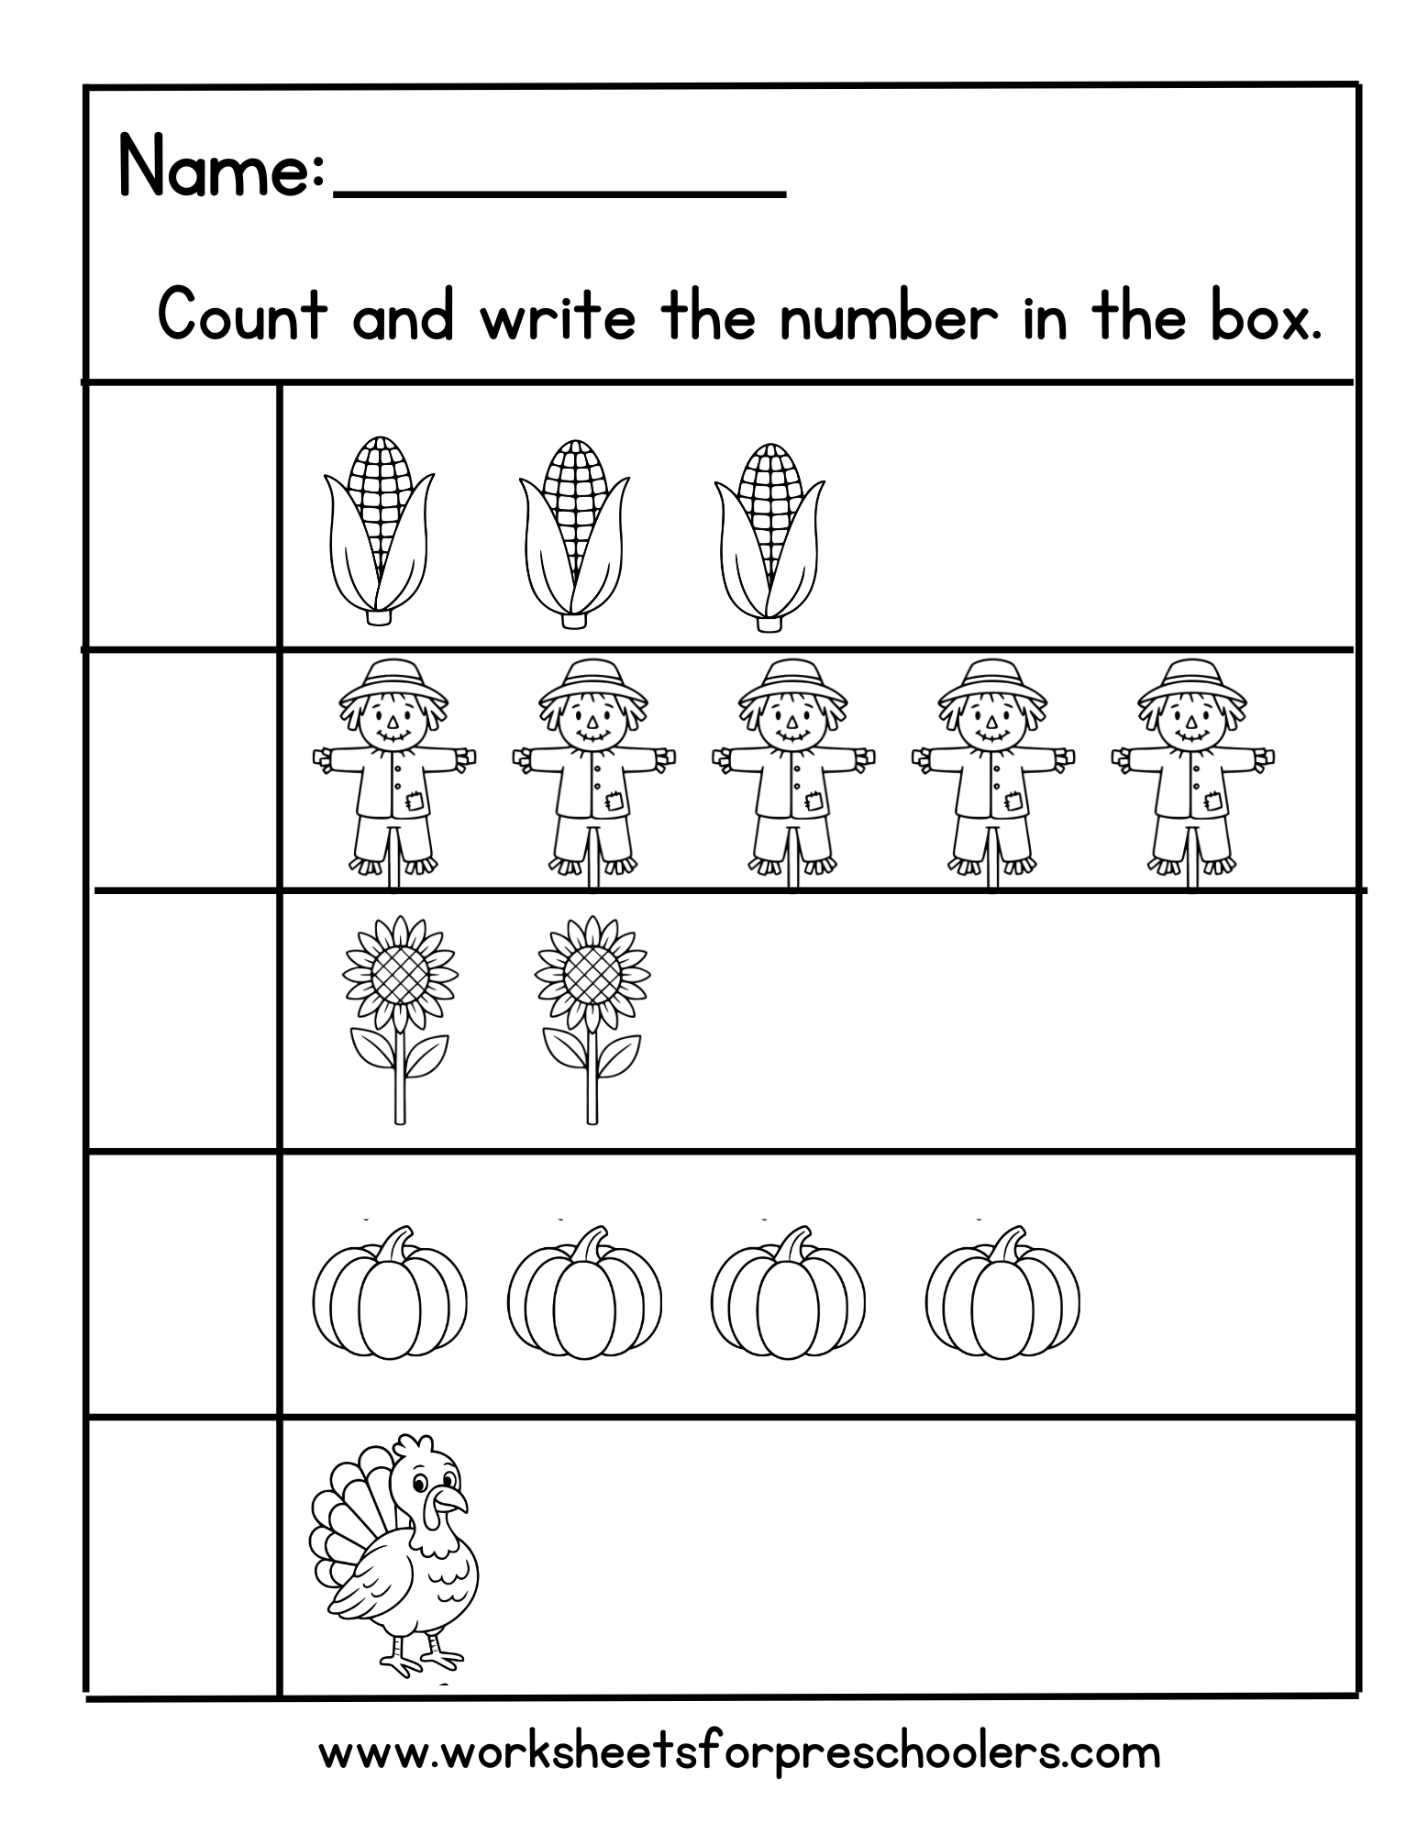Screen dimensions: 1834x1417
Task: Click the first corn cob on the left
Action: coord(379,532)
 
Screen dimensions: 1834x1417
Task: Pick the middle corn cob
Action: coord(574,532)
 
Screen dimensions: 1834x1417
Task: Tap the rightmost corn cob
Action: coord(769,532)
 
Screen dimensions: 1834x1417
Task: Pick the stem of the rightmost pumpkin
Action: coord(1012,1245)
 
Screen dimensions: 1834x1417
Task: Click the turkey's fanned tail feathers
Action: coord(344,1513)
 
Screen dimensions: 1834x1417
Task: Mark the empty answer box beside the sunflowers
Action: coord(182,1020)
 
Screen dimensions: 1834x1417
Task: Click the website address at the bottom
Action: coord(739,1752)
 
